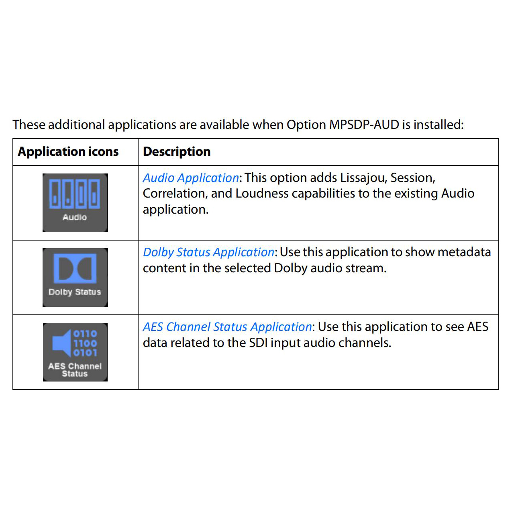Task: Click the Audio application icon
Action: pos(75,202)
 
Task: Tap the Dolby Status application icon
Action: pos(75,277)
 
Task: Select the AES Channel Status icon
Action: pos(75,352)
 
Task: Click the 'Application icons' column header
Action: pos(68,152)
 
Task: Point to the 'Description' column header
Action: pos(177,152)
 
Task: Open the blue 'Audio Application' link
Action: pos(191,178)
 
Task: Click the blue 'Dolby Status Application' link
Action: pos(208,252)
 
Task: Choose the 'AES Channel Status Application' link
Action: pos(227,327)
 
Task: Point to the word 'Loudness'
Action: pos(262,194)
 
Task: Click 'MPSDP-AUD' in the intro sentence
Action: pos(364,125)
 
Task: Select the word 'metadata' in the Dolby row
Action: pos(464,252)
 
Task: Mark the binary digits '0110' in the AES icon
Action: pos(85,334)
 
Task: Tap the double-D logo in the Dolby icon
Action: pos(75,268)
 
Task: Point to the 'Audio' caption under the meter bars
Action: pos(75,217)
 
